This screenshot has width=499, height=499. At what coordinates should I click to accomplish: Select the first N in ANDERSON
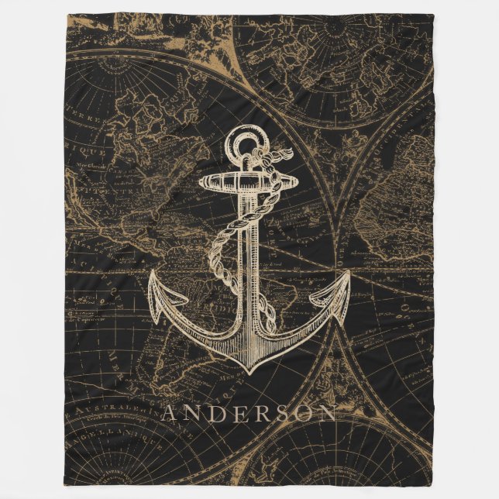pos(194,413)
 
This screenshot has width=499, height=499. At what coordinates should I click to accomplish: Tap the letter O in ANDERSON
pos(303,413)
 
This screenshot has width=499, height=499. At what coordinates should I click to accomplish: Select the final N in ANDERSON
pos(327,413)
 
